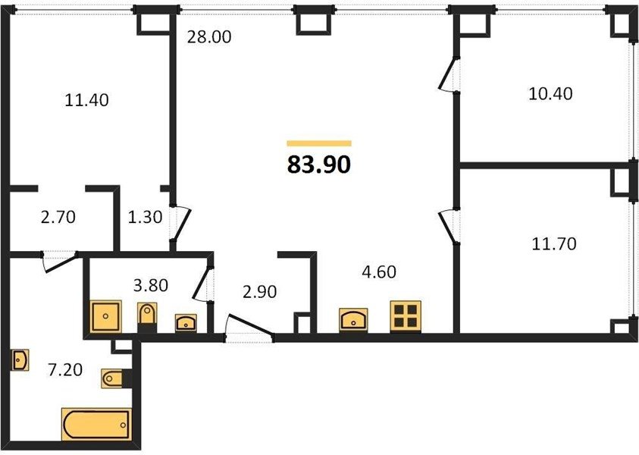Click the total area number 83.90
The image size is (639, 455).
(319, 165)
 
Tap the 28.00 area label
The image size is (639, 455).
(209, 37)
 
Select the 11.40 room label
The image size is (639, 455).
(87, 100)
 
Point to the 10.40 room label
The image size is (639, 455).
(550, 94)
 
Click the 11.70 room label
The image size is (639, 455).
(554, 244)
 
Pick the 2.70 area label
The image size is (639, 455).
(58, 217)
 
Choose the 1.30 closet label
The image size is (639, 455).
(145, 217)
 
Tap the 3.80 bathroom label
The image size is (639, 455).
(151, 285)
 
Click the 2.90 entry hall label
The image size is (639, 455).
(259, 291)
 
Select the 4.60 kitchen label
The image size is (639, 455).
(379, 271)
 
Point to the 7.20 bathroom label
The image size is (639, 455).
(65, 370)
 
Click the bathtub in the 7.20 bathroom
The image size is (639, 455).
(96, 425)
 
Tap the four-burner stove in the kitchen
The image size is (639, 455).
(406, 316)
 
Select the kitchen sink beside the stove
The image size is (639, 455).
(353, 320)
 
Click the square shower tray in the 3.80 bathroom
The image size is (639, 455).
(105, 316)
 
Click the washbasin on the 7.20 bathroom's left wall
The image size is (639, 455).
(20, 360)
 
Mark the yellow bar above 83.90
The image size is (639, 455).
(319, 143)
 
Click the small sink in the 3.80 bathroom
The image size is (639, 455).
(186, 322)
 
